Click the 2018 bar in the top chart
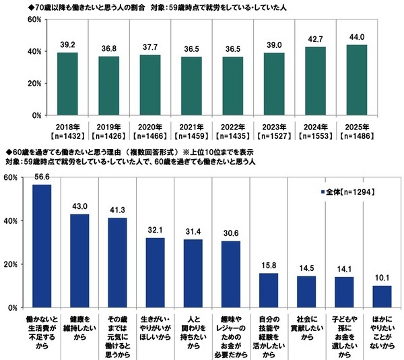(67, 84)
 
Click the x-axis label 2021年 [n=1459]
(191, 129)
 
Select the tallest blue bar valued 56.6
(42, 246)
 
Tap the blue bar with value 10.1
(382, 297)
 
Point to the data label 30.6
(230, 233)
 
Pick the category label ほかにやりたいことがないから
(382, 332)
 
